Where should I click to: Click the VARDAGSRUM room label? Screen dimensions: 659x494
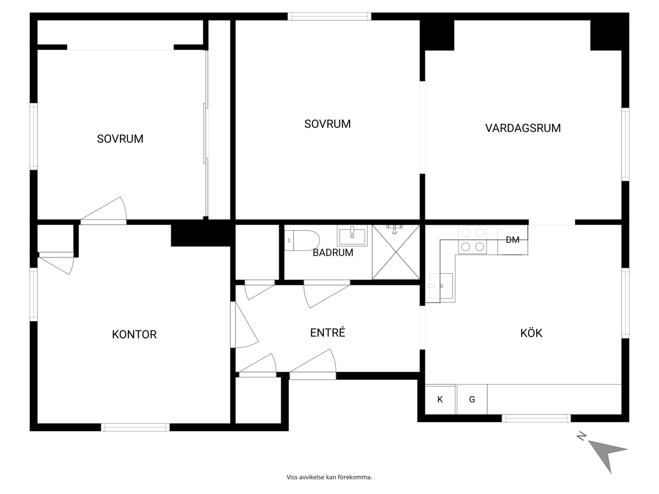tap(523, 128)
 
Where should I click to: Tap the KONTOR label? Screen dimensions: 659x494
tap(134, 334)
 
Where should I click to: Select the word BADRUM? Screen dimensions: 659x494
tap(333, 252)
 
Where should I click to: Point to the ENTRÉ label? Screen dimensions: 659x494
tap(327, 332)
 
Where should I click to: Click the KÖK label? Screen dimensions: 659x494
tap(531, 333)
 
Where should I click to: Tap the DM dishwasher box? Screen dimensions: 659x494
tap(513, 240)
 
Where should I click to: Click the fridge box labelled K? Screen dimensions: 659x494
tap(440, 399)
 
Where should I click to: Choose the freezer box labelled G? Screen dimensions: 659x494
tap(472, 399)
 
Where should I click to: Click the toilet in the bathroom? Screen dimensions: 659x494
tap(302, 240)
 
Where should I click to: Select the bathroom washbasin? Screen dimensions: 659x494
tap(352, 235)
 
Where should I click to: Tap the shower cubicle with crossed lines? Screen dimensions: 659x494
tap(396, 252)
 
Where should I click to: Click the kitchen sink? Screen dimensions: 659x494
tap(441, 286)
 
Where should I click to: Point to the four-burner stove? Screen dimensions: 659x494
tap(473, 240)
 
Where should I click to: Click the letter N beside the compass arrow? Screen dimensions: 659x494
tap(581, 436)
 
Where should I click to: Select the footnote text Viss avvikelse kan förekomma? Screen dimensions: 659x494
tap(329, 477)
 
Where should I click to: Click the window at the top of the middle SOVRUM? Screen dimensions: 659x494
tap(329, 16)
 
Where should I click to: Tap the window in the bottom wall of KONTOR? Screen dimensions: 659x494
tap(135, 427)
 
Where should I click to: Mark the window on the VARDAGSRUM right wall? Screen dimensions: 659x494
tap(625, 144)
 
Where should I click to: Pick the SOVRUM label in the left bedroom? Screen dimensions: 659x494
tap(120, 139)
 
